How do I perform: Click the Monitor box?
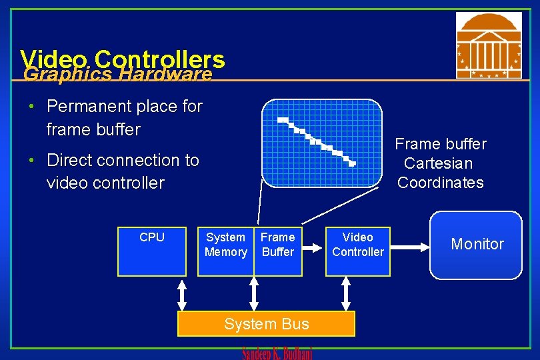(x=476, y=245)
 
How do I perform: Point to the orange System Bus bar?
(x=266, y=324)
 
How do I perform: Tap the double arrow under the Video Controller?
(x=346, y=293)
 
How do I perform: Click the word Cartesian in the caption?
(x=438, y=163)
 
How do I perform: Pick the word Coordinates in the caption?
(x=440, y=183)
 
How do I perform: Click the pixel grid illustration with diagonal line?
(x=321, y=143)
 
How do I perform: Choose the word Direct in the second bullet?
(x=68, y=160)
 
